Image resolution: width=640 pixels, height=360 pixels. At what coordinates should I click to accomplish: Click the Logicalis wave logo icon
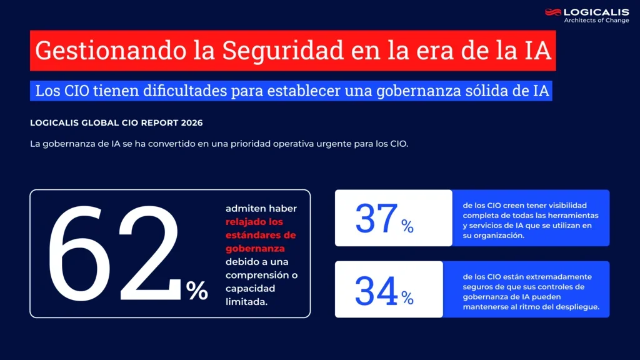[553, 12]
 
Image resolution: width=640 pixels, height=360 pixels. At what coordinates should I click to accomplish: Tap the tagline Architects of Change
[596, 21]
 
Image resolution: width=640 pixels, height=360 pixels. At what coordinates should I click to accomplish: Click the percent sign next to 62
[197, 290]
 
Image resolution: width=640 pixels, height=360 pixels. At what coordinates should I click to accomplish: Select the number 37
[376, 219]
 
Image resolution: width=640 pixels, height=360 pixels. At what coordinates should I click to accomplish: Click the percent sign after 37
[407, 226]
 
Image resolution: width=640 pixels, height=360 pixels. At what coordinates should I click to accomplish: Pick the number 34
[376, 291]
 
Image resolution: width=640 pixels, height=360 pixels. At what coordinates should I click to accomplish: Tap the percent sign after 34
[407, 298]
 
